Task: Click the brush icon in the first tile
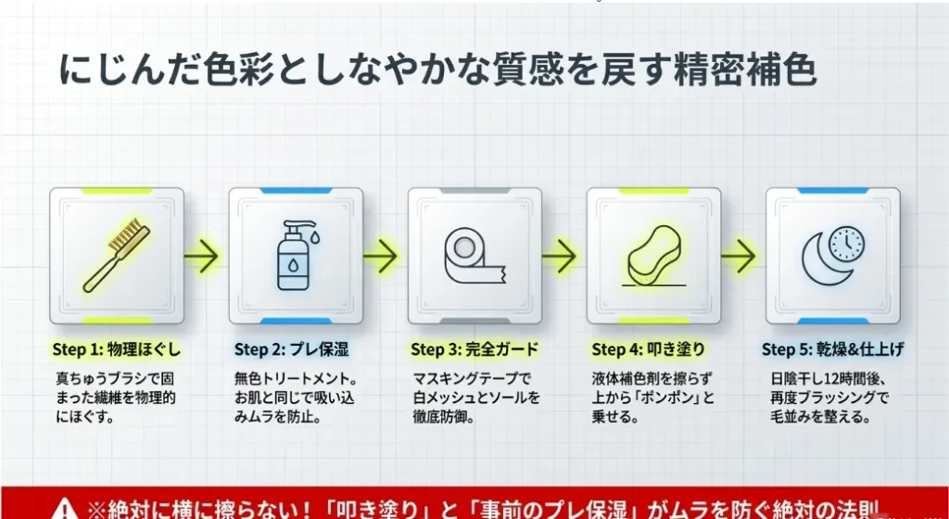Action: (117, 255)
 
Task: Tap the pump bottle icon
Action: (295, 255)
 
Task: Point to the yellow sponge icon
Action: (654, 255)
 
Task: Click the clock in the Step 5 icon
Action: (846, 244)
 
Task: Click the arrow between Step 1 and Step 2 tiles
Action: (201, 257)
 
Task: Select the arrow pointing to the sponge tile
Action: (559, 257)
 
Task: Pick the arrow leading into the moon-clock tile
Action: (738, 257)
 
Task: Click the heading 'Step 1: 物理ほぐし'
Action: (116, 349)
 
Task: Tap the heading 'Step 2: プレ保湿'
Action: (292, 349)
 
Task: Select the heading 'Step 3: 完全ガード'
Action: (474, 349)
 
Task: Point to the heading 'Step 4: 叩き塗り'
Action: (648, 349)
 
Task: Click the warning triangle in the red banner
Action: (65, 510)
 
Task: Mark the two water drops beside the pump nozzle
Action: (313, 234)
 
